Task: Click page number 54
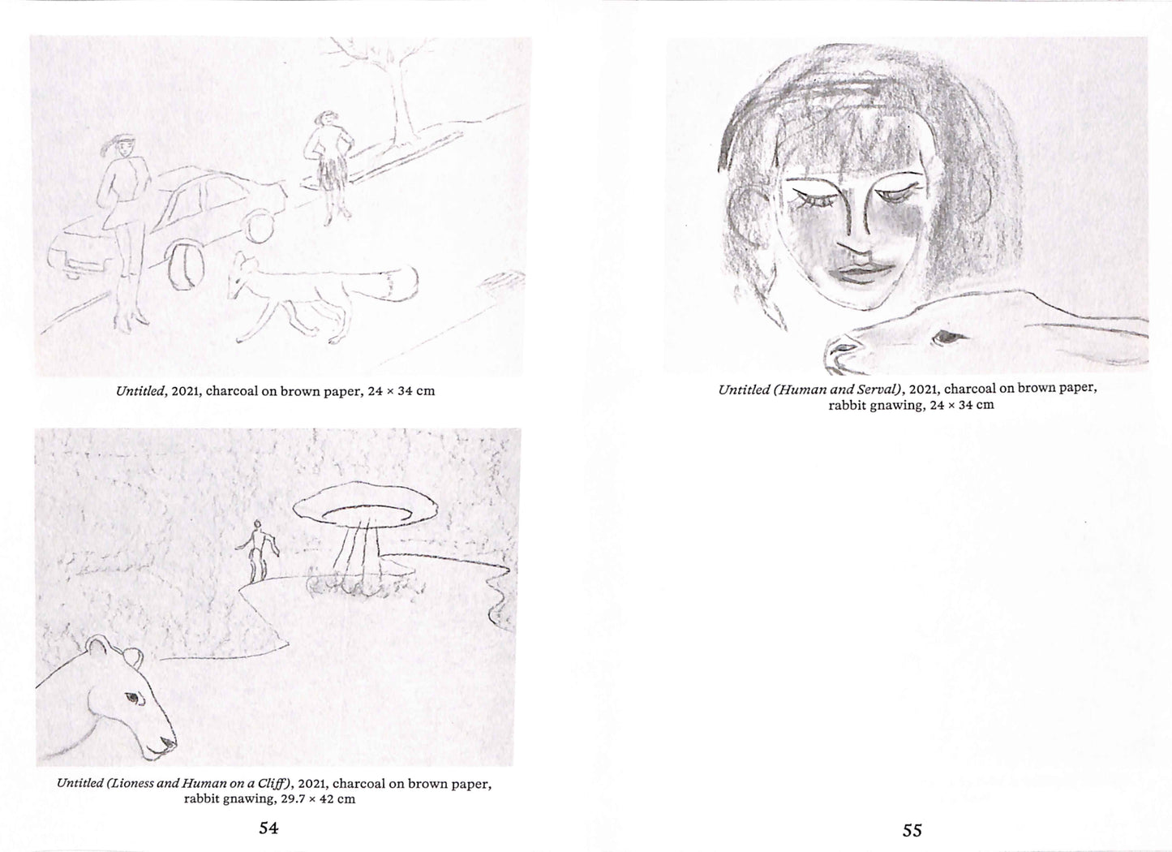[x=269, y=828]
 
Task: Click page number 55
[x=912, y=831]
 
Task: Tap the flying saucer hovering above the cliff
[x=365, y=503]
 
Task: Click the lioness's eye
[x=133, y=698]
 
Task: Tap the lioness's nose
[x=169, y=742]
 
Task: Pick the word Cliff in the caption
[x=275, y=784]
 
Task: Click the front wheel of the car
[x=185, y=264]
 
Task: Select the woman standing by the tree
[x=328, y=167]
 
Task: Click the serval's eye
[x=945, y=337]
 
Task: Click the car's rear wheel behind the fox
[x=259, y=226]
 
